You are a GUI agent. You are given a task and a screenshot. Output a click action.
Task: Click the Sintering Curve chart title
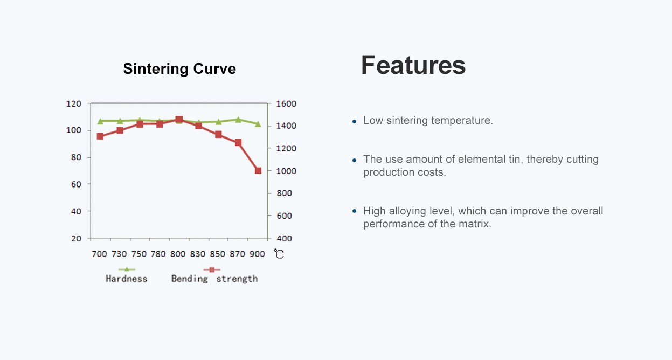(x=179, y=69)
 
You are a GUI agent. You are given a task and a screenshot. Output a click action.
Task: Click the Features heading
(x=413, y=65)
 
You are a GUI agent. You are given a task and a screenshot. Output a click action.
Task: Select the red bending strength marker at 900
(x=258, y=171)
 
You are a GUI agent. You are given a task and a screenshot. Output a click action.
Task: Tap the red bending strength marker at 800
(x=179, y=120)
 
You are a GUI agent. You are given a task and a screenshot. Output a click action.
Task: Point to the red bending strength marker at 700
(x=100, y=136)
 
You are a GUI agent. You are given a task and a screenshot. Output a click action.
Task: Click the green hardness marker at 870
(x=238, y=120)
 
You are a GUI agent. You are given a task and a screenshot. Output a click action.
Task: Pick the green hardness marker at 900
(x=258, y=124)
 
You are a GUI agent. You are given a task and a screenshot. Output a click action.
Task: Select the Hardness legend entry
(x=126, y=278)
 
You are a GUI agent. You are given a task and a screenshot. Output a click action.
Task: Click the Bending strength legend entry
(x=214, y=278)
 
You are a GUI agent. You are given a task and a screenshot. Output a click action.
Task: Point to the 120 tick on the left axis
(x=73, y=103)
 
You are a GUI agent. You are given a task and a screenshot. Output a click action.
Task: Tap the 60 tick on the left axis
(x=76, y=184)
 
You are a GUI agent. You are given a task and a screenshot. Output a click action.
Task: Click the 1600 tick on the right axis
(x=287, y=103)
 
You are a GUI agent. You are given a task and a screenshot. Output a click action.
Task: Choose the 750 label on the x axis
(x=139, y=254)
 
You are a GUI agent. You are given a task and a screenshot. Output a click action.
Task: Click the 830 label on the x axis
(x=198, y=254)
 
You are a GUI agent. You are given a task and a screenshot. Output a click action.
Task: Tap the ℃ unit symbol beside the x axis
(x=279, y=254)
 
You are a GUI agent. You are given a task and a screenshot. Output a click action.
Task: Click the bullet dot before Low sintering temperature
(x=354, y=121)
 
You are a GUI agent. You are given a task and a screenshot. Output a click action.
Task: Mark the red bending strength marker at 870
(x=238, y=142)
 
